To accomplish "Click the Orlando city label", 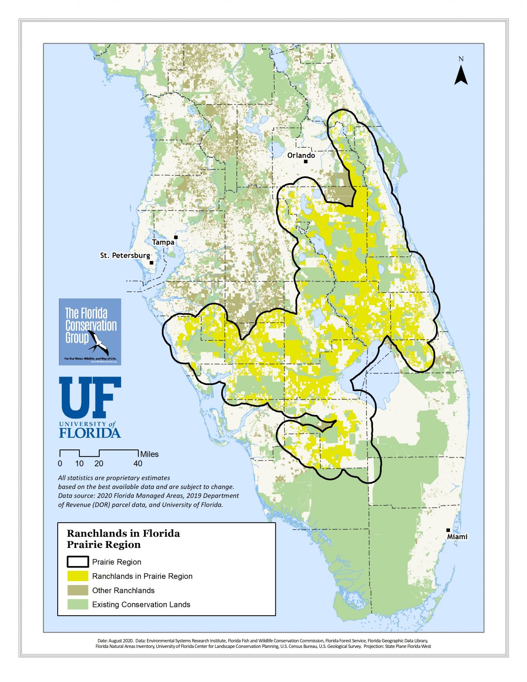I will [301, 155].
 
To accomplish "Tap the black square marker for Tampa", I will [176, 237].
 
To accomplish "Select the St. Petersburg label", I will [125, 255].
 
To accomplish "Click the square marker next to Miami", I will [448, 530].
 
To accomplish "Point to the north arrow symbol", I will [461, 76].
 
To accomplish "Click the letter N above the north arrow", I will [461, 59].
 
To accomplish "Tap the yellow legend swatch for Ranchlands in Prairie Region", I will [78, 576].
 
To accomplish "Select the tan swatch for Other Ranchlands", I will [78, 590].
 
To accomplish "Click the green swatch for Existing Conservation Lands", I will [78, 604].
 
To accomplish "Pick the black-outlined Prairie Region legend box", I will [78, 562].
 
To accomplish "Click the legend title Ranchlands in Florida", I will [123, 533].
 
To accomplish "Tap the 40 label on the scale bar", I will [138, 463].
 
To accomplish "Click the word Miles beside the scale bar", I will [149, 454].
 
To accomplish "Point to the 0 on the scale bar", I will [60, 463].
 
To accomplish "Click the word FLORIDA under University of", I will [90, 433].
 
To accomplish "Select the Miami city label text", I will [457, 537].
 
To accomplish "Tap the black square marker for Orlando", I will [305, 161].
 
